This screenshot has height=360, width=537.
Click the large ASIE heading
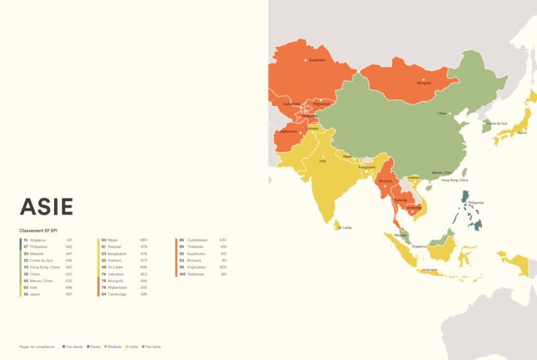[x=46, y=206]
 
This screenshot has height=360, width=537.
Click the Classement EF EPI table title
[x=39, y=230]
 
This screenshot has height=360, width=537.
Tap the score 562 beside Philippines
[x=69, y=247]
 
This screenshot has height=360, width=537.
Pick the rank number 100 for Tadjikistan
[x=183, y=274]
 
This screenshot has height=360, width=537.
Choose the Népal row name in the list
[x=112, y=240]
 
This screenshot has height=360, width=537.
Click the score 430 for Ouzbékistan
[x=223, y=240]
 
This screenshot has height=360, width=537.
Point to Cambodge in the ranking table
[x=117, y=294]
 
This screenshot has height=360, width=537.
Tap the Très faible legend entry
[x=151, y=347]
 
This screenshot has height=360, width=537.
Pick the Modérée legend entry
[x=114, y=347]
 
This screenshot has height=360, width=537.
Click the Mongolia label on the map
[x=424, y=83]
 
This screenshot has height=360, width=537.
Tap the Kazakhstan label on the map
[x=317, y=61]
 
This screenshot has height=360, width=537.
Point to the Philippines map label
[x=476, y=203]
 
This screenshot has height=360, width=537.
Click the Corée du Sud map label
[x=497, y=124]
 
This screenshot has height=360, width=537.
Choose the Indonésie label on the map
[x=430, y=270]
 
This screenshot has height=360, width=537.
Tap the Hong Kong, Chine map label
[x=454, y=180]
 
